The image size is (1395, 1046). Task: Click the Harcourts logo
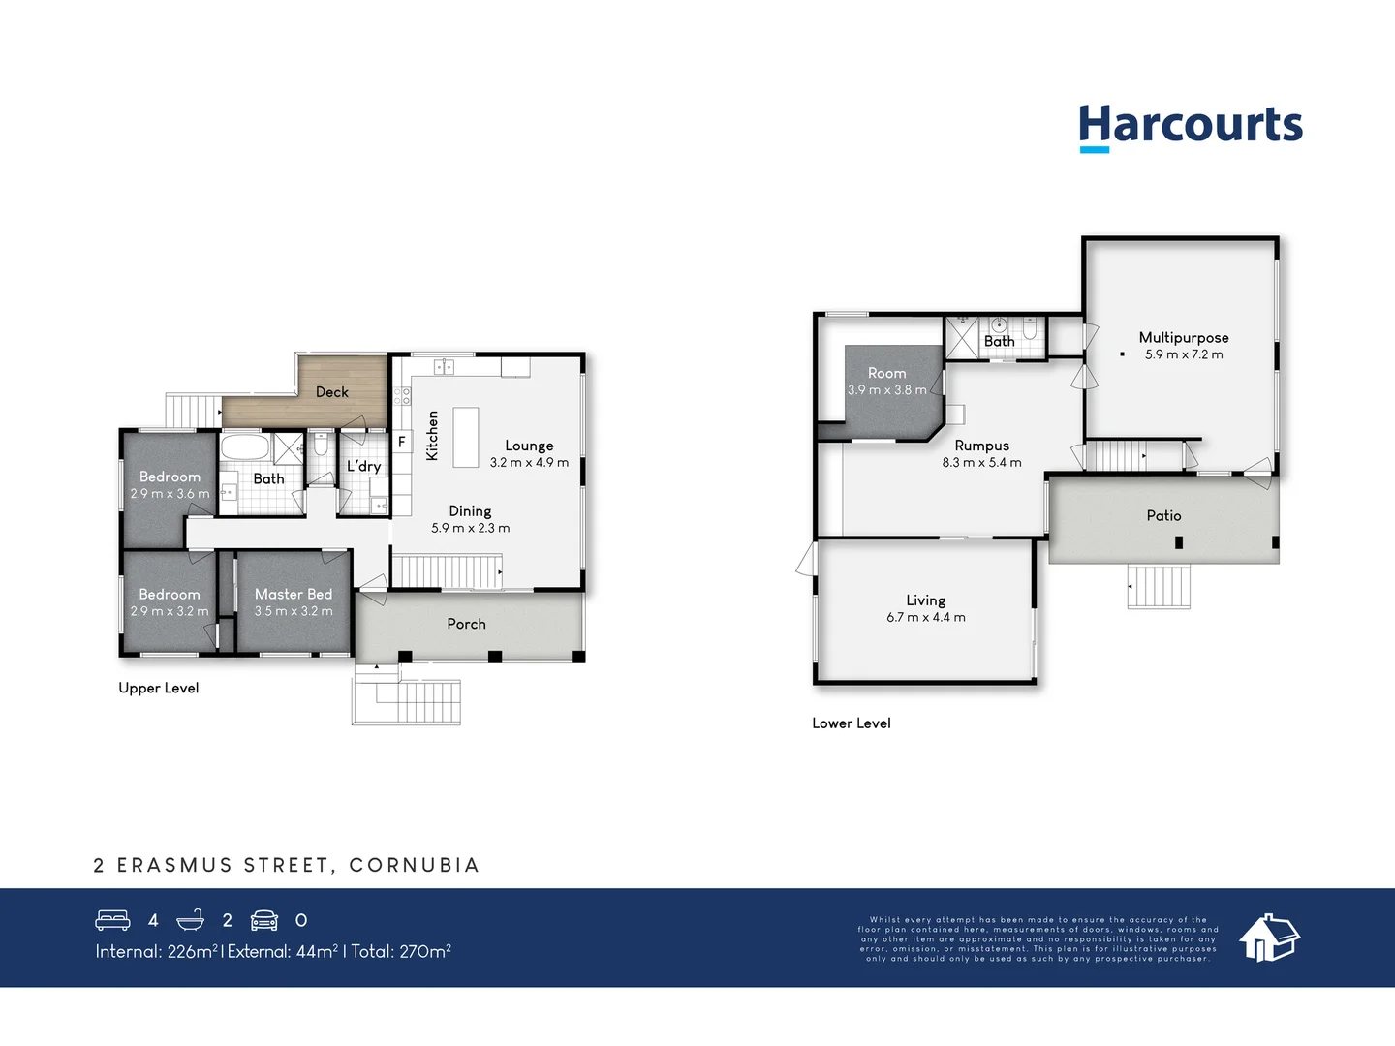(x=1191, y=127)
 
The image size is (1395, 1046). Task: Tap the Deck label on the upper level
(x=331, y=392)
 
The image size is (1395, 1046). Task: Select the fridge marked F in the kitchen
(x=401, y=442)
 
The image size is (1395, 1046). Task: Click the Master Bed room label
(x=293, y=594)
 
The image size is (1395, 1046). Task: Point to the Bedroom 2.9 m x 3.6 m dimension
(x=170, y=494)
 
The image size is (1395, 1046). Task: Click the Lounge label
(x=529, y=446)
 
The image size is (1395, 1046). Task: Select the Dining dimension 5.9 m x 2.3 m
(x=470, y=528)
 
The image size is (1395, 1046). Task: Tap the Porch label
(x=466, y=624)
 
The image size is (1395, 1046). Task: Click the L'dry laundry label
(x=363, y=466)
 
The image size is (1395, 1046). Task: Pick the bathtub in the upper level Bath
(x=244, y=446)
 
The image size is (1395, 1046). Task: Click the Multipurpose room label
(x=1183, y=337)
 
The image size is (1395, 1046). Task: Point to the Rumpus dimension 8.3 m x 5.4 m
(x=981, y=463)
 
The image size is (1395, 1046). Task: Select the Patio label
(x=1163, y=515)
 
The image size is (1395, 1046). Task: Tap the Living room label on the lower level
(x=925, y=600)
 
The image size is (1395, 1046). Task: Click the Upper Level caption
(x=158, y=688)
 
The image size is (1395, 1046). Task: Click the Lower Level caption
(x=851, y=723)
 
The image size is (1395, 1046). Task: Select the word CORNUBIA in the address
(x=414, y=865)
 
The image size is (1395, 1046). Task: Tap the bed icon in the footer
(x=112, y=920)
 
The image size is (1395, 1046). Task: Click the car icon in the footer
(x=264, y=920)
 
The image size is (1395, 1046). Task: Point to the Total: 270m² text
(x=400, y=951)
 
